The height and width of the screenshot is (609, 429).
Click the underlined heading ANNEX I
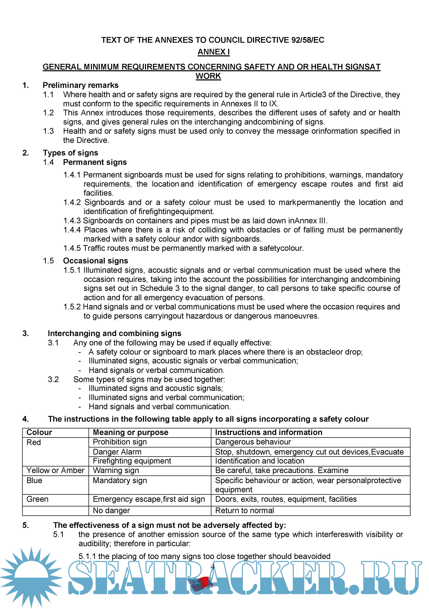(x=213, y=52)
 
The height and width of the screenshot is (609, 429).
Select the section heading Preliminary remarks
(x=81, y=85)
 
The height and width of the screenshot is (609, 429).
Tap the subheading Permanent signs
(x=95, y=162)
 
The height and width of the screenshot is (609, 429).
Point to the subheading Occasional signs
(x=95, y=260)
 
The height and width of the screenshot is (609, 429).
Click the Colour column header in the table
(x=39, y=432)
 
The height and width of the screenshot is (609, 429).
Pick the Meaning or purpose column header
(x=130, y=432)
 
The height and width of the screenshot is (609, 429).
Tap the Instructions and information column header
(x=269, y=432)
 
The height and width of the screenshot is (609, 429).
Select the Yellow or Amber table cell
(x=55, y=470)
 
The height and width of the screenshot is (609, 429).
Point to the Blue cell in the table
(x=34, y=480)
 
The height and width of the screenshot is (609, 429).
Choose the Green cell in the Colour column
(x=37, y=499)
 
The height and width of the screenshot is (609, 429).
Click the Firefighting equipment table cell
(x=132, y=461)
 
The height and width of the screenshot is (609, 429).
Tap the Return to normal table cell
(x=244, y=510)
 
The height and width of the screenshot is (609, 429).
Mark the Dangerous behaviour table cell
(x=253, y=442)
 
